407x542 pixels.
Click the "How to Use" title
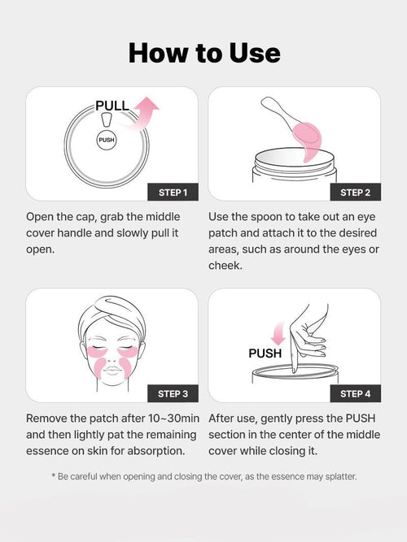(x=203, y=53)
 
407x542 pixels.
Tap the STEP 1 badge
(x=173, y=193)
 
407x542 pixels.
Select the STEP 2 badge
(x=355, y=193)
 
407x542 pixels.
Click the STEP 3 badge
(x=173, y=393)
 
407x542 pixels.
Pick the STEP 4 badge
(x=355, y=393)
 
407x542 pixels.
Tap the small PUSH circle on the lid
(x=107, y=140)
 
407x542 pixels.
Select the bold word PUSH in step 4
(x=265, y=353)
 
